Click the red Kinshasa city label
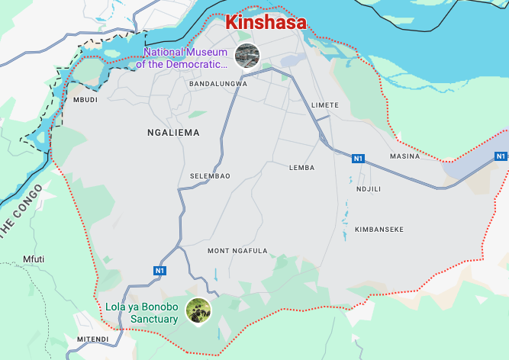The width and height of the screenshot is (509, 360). (266, 22)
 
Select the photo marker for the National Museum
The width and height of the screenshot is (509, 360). (246, 55)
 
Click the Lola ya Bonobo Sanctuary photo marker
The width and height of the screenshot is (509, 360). (198, 311)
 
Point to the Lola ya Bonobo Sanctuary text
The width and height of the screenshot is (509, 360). (142, 313)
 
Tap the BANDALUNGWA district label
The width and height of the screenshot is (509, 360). (218, 84)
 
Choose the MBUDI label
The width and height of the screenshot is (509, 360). (85, 100)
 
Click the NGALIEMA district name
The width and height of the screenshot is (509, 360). (173, 133)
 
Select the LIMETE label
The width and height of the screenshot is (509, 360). (325, 104)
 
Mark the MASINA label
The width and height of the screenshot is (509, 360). (404, 156)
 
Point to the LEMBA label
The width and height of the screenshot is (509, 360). (301, 167)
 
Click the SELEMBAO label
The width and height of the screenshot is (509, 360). (210, 176)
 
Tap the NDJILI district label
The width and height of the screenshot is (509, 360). (369, 189)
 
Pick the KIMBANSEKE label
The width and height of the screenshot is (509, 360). (379, 230)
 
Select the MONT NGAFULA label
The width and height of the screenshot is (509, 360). (237, 251)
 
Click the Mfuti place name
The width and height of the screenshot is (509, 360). (34, 259)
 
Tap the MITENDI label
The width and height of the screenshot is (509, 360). (92, 339)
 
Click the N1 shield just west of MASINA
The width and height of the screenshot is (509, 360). (359, 159)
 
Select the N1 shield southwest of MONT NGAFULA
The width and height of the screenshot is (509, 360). (159, 271)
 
